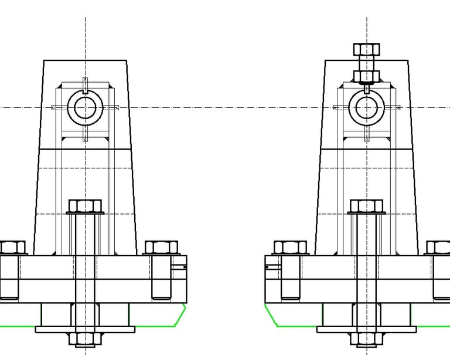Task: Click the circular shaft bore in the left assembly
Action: (x=86, y=108)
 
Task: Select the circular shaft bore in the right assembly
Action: (x=366, y=108)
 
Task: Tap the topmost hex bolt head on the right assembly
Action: (x=366, y=49)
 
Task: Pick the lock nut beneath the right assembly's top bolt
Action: (x=366, y=76)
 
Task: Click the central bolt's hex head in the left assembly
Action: (x=85, y=206)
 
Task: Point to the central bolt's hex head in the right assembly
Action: (x=366, y=206)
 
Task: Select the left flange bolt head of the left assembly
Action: (x=12, y=247)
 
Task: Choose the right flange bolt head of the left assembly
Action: (x=161, y=247)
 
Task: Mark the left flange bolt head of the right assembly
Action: (x=290, y=247)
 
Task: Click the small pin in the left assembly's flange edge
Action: (x=178, y=267)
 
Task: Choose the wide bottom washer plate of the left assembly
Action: (x=85, y=330)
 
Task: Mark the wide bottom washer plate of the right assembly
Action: (x=366, y=330)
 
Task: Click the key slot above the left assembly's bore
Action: (x=86, y=85)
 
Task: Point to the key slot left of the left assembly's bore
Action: (x=60, y=108)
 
